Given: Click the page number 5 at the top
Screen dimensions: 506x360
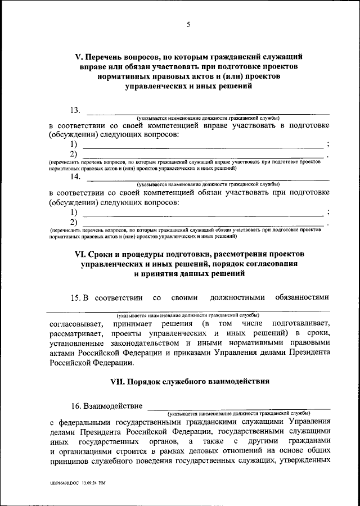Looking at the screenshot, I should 188,24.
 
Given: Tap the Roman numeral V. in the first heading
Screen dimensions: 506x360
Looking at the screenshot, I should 79,56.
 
